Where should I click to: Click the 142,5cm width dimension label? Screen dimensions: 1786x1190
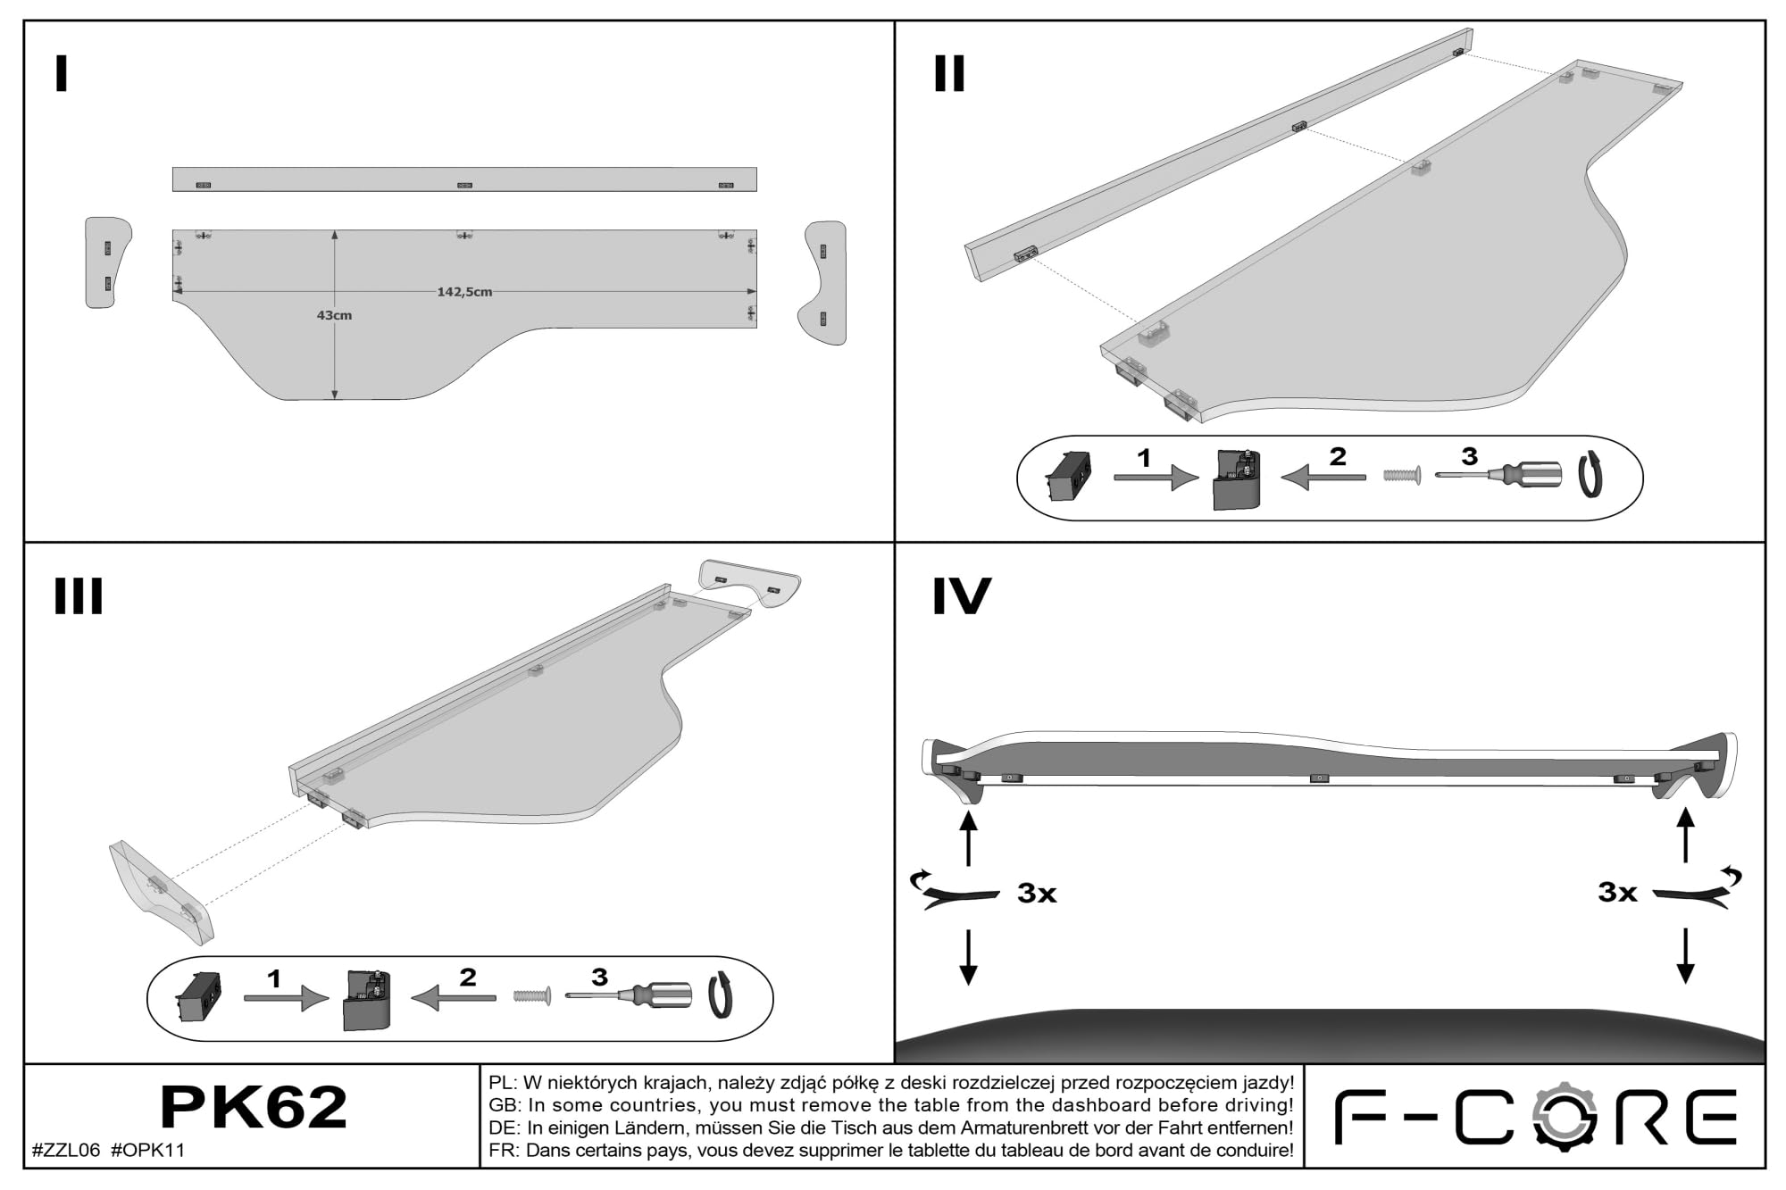(x=463, y=292)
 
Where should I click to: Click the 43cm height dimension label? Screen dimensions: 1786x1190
(x=334, y=315)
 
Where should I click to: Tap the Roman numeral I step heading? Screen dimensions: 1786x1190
(x=62, y=74)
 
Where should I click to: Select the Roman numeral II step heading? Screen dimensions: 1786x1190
(x=949, y=73)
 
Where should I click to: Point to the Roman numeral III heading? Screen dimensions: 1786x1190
(x=79, y=595)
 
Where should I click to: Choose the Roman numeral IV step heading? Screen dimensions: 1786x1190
(x=962, y=595)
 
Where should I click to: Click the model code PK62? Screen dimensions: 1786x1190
(x=254, y=1108)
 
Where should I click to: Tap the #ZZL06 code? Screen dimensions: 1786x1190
(x=66, y=1150)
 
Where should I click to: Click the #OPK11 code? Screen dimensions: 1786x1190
(x=148, y=1150)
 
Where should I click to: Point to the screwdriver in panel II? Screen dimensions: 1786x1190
(x=1498, y=474)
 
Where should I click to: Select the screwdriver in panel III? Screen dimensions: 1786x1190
(x=629, y=994)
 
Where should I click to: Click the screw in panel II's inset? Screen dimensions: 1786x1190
(x=1402, y=476)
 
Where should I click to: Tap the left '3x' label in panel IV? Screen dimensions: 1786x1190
(x=1037, y=893)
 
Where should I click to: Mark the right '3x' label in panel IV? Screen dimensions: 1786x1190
(x=1617, y=892)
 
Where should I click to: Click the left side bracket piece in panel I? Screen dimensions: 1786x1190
(x=107, y=262)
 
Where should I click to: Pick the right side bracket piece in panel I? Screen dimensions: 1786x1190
(x=822, y=283)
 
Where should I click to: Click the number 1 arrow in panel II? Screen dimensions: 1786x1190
(x=1156, y=478)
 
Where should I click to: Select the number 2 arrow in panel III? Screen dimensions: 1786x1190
(x=454, y=997)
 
